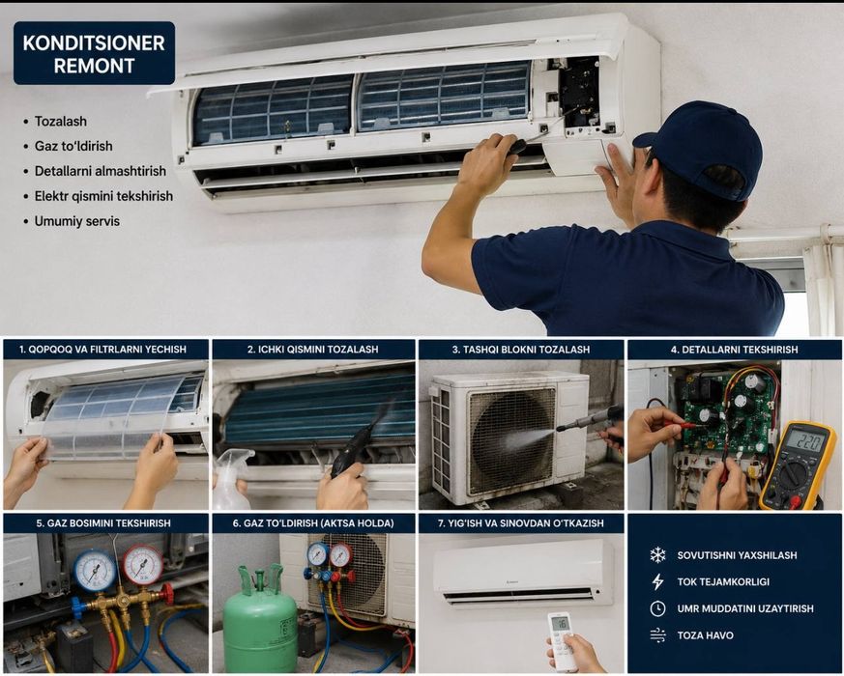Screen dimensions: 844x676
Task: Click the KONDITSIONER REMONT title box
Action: [x=94, y=53]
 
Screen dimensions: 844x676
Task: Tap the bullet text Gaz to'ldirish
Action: [x=73, y=146]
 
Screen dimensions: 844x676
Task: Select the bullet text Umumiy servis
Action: [x=77, y=221]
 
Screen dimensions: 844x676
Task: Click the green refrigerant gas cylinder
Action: [x=260, y=622]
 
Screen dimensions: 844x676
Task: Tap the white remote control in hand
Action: [x=563, y=640]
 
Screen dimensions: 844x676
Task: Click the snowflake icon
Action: [x=657, y=555]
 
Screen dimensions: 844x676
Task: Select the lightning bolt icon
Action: [x=657, y=581]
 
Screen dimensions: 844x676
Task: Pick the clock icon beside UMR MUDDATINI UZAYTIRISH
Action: [x=657, y=608]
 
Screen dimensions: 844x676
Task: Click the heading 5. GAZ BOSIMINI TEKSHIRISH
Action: [x=103, y=523]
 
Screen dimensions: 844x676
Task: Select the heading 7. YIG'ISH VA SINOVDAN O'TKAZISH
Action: [x=520, y=523]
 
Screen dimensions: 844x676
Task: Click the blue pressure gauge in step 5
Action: [x=95, y=571]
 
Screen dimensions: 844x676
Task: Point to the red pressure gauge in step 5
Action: [x=143, y=564]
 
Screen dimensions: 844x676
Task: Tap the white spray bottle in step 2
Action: [x=230, y=480]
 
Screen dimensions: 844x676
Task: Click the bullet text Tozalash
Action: [x=60, y=121]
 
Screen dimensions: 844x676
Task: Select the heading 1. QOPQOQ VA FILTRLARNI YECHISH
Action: [x=102, y=350]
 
